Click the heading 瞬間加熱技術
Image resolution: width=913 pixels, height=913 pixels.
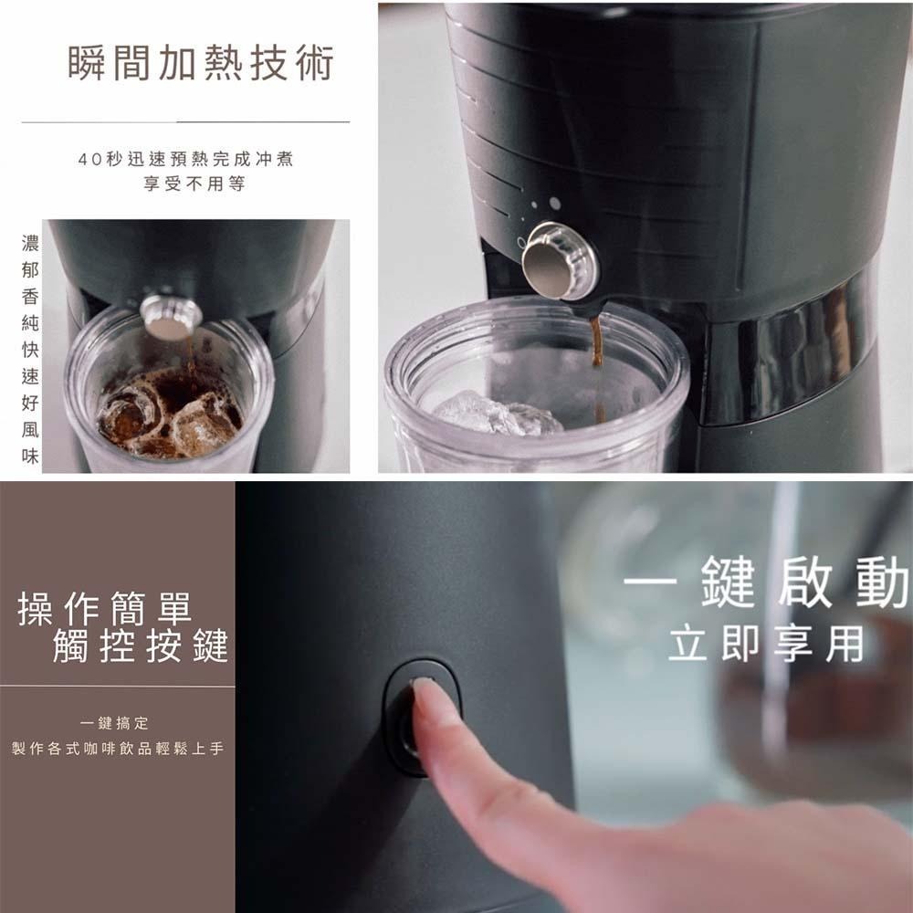[x=201, y=62]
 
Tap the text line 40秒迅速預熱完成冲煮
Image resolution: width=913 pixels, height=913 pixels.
[x=185, y=159]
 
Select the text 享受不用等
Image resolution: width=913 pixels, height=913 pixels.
[x=194, y=184]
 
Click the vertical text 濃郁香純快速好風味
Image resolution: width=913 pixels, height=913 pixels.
[x=30, y=350]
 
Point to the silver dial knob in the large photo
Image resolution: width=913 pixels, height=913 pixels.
[x=560, y=260]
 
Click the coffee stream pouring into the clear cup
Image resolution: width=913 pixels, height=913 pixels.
[x=597, y=367]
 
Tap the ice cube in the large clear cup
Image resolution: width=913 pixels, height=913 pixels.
[x=497, y=415]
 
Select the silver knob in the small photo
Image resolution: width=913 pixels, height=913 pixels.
[x=171, y=317]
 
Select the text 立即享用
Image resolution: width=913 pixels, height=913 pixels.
[x=766, y=644]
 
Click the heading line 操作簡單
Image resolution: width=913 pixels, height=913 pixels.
[x=105, y=608]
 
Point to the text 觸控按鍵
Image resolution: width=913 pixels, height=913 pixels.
[x=141, y=645]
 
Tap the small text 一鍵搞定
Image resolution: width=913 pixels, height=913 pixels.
[x=115, y=723]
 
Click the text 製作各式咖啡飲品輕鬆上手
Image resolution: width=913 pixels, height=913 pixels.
[x=118, y=749]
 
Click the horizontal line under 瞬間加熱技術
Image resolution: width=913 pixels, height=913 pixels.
[x=185, y=122]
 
